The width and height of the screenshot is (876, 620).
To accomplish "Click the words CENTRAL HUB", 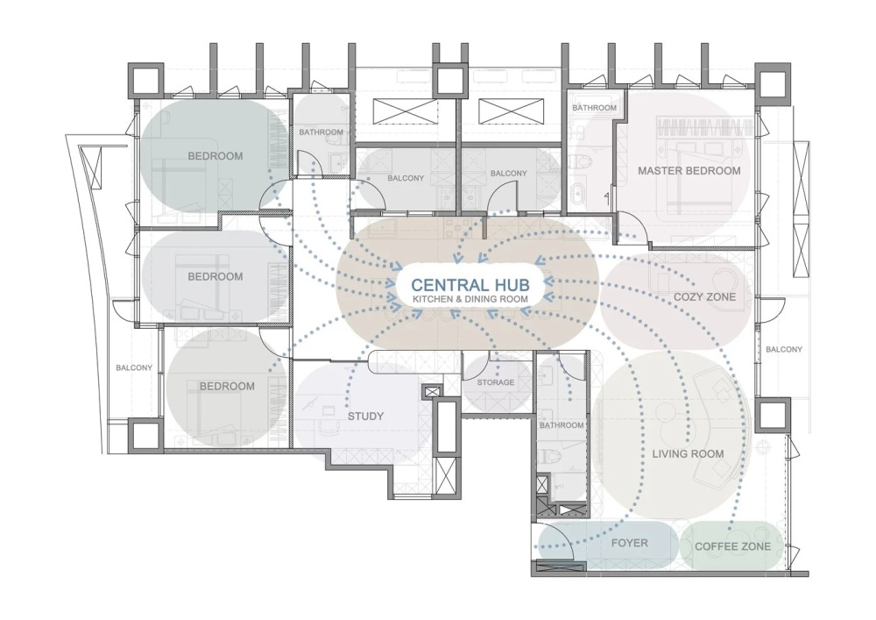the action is (470, 285).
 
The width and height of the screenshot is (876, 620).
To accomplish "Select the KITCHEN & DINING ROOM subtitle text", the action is (470, 299).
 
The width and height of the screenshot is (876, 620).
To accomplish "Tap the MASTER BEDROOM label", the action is (689, 170).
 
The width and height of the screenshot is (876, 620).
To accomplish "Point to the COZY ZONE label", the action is (704, 297).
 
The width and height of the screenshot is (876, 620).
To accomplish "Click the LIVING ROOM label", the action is (688, 454).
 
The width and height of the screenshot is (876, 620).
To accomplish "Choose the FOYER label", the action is (630, 543).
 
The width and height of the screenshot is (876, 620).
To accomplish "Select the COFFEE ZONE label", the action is (732, 546).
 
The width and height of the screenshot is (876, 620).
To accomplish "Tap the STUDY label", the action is (365, 416).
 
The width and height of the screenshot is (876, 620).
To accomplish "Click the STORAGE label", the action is (496, 382).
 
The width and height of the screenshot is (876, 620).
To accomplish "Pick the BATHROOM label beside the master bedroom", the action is (595, 107).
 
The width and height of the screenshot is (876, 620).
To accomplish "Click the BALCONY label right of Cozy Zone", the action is (784, 349).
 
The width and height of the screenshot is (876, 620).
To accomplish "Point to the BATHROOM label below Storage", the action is (562, 425).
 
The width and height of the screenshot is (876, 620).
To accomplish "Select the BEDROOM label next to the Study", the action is (227, 387).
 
